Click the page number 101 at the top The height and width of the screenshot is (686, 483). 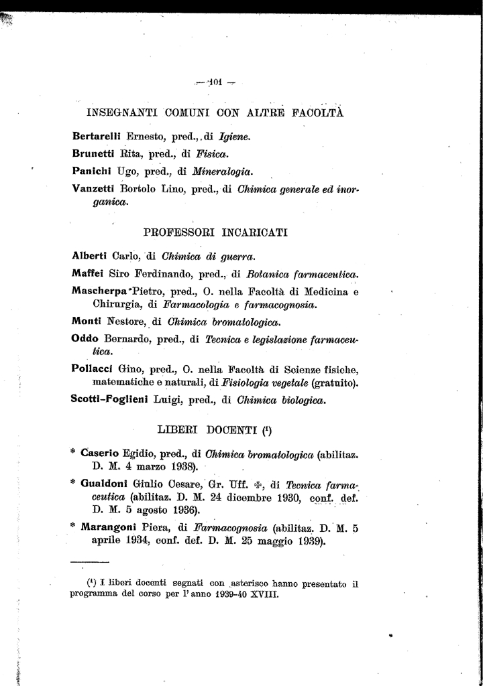tap(215, 83)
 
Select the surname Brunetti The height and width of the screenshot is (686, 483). tap(93, 153)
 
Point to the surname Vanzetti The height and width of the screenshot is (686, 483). tap(93, 189)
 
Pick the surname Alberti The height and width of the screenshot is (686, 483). tap(89, 255)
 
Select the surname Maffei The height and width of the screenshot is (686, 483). tap(87, 273)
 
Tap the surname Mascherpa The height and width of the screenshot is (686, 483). tap(100, 291)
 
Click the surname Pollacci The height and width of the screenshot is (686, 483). tap(92, 369)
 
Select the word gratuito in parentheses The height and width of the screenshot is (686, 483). tap(333, 384)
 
